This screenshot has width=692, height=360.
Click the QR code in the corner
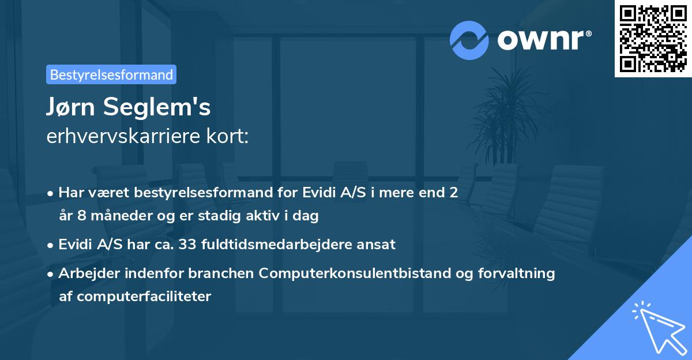(x=653, y=39)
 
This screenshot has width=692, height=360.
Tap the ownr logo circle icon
(x=469, y=40)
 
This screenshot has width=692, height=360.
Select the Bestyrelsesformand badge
(x=111, y=74)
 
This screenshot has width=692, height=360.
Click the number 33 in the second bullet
(x=188, y=244)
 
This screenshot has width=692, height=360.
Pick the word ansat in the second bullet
(x=378, y=244)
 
